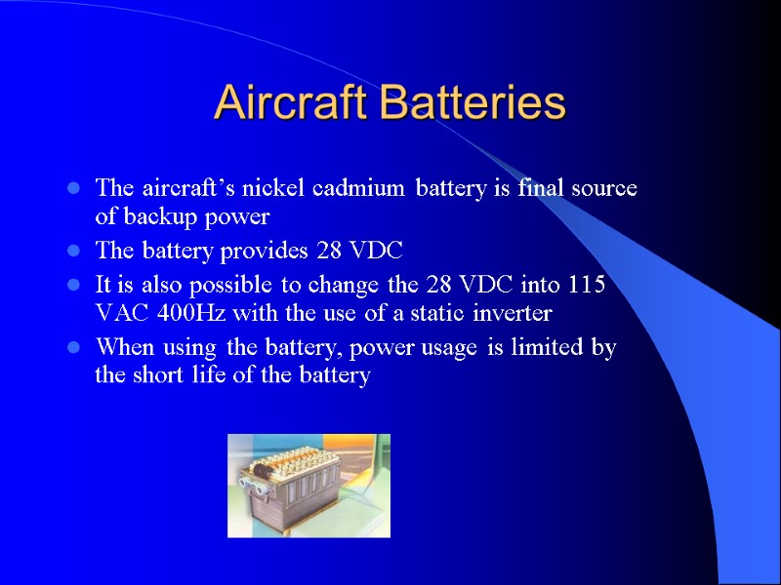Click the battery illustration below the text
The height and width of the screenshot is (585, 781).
(308, 486)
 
